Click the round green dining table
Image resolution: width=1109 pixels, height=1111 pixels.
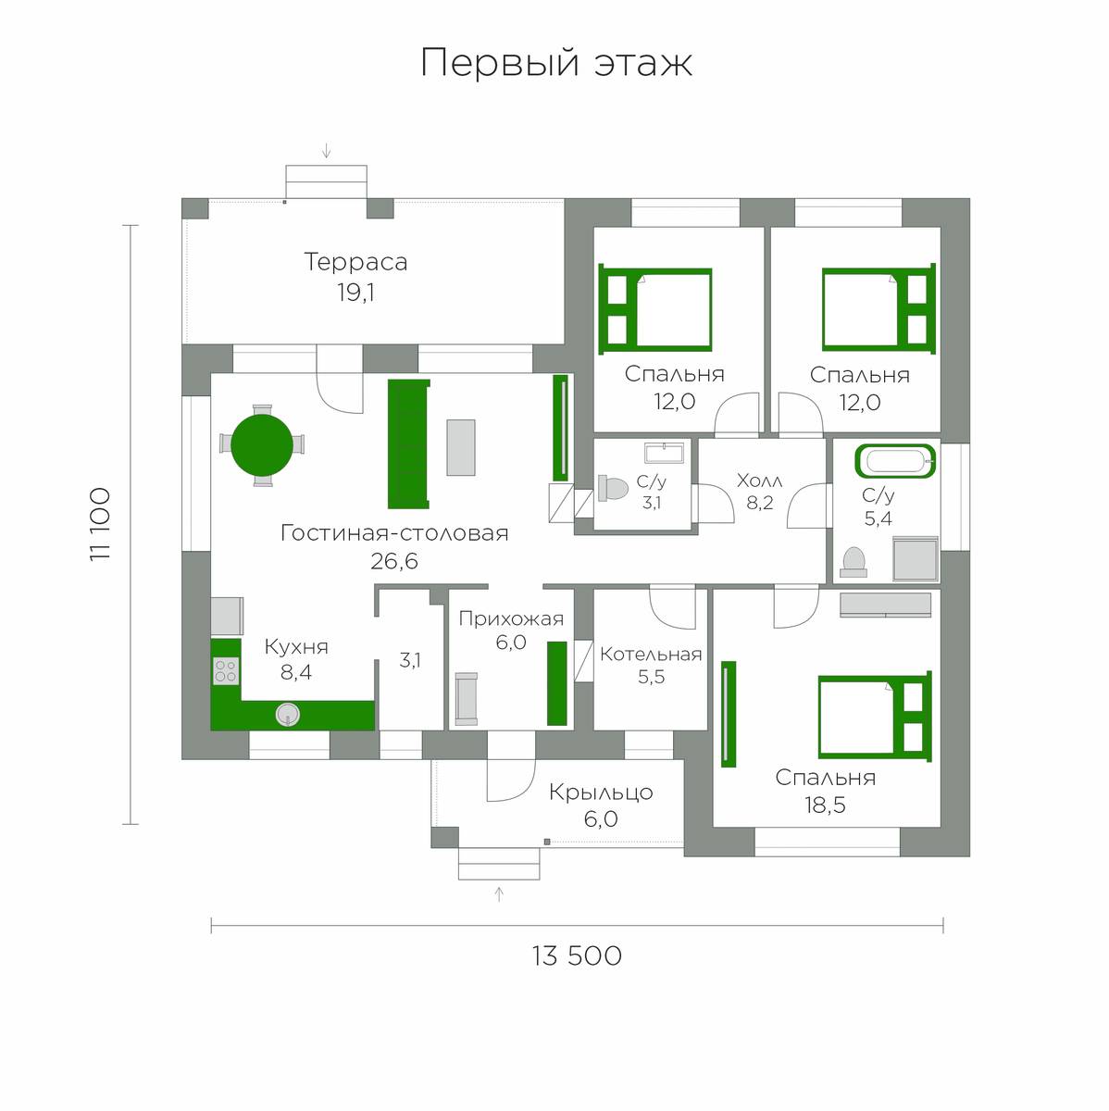pyautogui.click(x=262, y=445)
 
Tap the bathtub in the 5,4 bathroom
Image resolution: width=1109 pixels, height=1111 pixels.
pyautogui.click(x=895, y=461)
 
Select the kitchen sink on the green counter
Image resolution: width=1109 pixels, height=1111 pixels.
pyautogui.click(x=288, y=715)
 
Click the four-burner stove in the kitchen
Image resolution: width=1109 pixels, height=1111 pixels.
pyautogui.click(x=226, y=671)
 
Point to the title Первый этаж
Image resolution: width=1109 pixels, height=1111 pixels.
pyautogui.click(x=556, y=63)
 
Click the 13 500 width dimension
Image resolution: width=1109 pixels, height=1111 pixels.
pyautogui.click(x=577, y=955)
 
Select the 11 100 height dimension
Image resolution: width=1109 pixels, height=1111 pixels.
pyautogui.click(x=100, y=524)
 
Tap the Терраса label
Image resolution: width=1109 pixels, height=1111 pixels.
pyautogui.click(x=355, y=262)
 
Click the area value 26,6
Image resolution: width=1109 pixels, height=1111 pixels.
pyautogui.click(x=393, y=561)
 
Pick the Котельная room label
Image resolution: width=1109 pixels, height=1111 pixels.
pyautogui.click(x=651, y=655)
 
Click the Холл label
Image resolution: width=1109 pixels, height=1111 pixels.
pyautogui.click(x=759, y=481)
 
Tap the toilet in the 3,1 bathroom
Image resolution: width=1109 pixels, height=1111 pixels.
pyautogui.click(x=613, y=488)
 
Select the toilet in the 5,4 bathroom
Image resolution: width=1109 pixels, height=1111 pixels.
pyautogui.click(x=854, y=562)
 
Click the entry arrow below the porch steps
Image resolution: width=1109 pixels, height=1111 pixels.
pyautogui.click(x=500, y=894)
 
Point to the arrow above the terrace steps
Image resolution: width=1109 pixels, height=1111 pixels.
pyautogui.click(x=327, y=151)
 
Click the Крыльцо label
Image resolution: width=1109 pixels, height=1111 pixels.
pyautogui.click(x=601, y=793)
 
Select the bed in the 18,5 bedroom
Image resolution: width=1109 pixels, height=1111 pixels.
pyautogui.click(x=875, y=716)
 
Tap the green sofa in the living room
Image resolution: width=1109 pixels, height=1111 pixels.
pyautogui.click(x=408, y=444)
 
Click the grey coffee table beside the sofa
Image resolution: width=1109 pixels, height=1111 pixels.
pyautogui.click(x=461, y=447)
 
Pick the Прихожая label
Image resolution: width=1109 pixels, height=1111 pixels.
pyautogui.click(x=511, y=619)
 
